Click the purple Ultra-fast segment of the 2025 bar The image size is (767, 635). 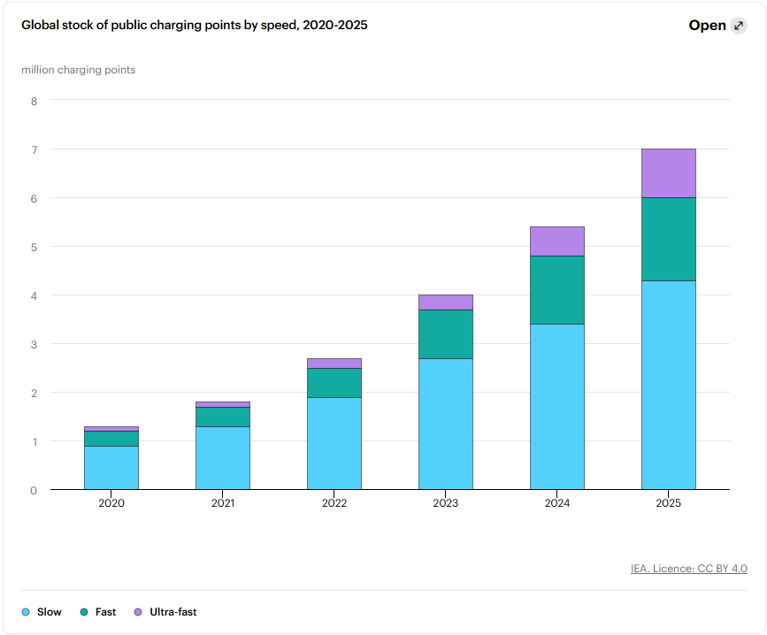tap(668, 173)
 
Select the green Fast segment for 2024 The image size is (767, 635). tap(557, 290)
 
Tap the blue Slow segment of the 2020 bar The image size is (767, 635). tap(111, 467)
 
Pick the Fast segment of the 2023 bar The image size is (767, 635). tap(446, 334)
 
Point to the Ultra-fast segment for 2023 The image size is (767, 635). tap(446, 302)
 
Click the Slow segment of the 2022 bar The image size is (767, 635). tap(334, 443)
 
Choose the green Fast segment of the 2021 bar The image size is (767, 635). tap(223, 417)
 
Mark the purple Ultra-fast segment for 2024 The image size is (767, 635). tap(557, 241)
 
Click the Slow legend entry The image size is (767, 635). tap(42, 612)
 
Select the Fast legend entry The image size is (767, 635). tap(98, 612)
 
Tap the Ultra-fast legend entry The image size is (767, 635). tap(165, 612)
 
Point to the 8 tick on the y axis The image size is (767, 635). tap(34, 101)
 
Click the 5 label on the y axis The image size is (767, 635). tap(34, 247)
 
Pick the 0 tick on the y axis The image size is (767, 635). tap(34, 490)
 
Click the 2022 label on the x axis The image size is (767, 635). tap(334, 503)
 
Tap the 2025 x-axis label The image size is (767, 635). tap(668, 503)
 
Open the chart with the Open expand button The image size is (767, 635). tap(717, 26)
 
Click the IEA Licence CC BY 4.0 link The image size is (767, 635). tap(689, 569)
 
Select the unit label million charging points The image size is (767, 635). tap(78, 70)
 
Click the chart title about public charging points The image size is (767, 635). tap(195, 25)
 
